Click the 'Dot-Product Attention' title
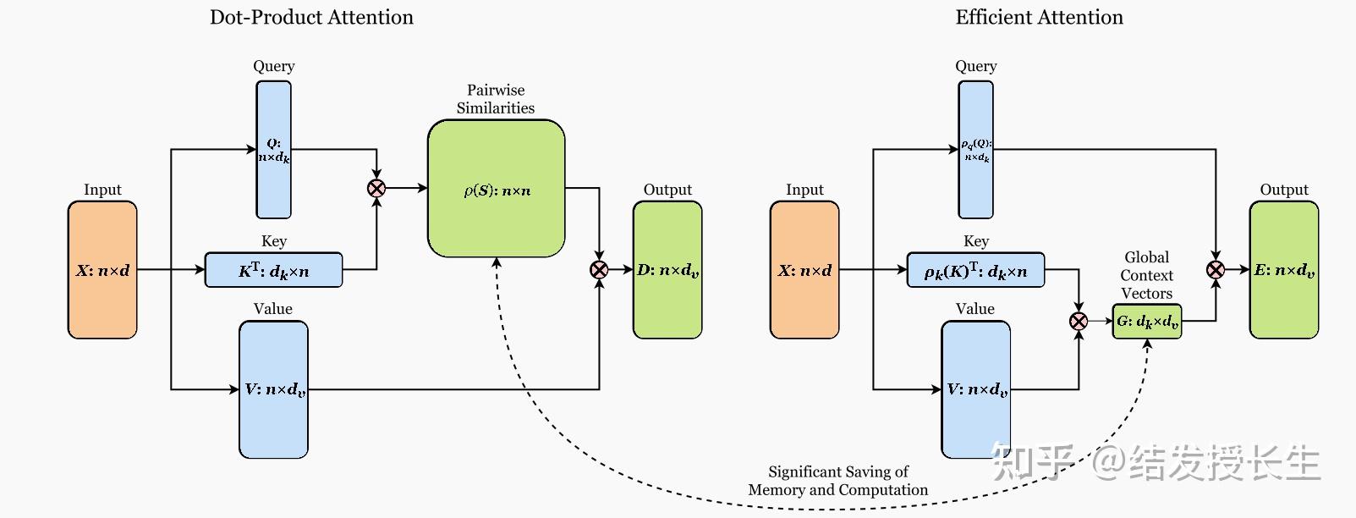click(x=311, y=18)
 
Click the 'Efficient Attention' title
click(x=1039, y=18)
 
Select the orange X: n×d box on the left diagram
click(x=102, y=270)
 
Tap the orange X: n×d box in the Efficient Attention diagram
click(x=804, y=270)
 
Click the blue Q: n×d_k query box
click(x=274, y=150)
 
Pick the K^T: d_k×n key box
click(x=273, y=270)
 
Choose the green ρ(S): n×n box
click(x=496, y=189)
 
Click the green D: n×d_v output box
click(x=667, y=270)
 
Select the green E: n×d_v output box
click(x=1283, y=270)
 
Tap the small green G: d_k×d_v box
click(x=1146, y=322)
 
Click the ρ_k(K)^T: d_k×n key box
click(x=975, y=270)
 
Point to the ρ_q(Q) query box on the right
click(x=975, y=150)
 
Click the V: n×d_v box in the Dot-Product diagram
click(x=273, y=389)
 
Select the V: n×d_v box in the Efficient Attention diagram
click(x=975, y=389)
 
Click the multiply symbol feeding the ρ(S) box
click(x=376, y=188)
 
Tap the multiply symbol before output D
click(x=599, y=270)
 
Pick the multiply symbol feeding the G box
click(x=1079, y=321)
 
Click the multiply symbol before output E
click(x=1216, y=270)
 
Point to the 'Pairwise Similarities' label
click(x=496, y=99)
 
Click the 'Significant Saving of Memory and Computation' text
click(x=837, y=481)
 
